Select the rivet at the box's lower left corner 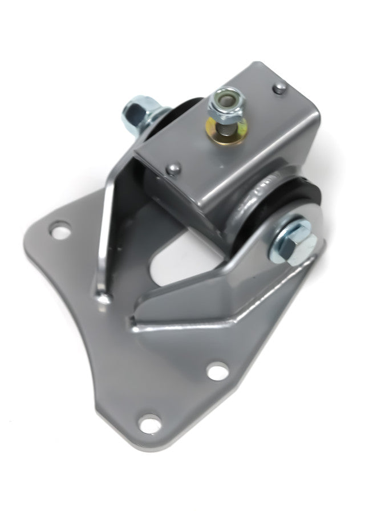(175, 168)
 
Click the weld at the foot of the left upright (103, 297)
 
